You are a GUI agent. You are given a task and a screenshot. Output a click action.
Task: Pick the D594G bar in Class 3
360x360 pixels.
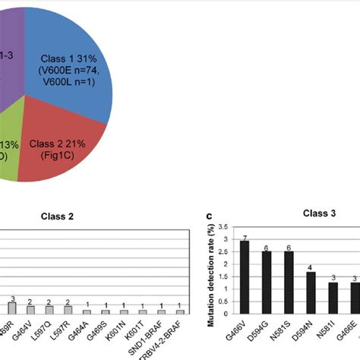point(267,281)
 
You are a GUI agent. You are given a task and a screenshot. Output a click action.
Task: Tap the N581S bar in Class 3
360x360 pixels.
point(289,281)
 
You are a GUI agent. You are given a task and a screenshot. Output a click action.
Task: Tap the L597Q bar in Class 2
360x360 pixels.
point(49,310)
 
